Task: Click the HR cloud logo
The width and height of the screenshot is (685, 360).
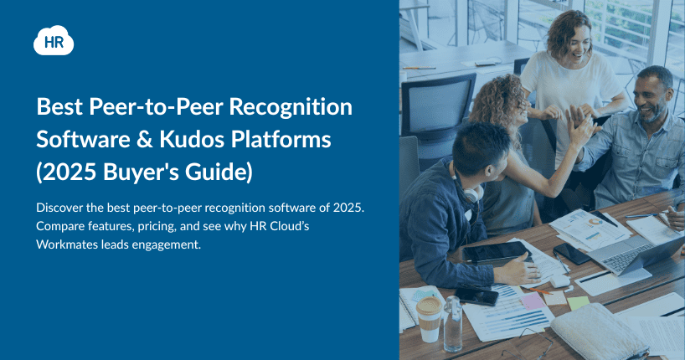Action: click(x=54, y=41)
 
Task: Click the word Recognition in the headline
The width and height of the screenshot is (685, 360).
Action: click(x=291, y=107)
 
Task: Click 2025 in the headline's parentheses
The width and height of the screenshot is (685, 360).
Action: click(x=70, y=172)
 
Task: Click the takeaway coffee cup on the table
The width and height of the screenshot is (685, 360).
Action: click(x=429, y=318)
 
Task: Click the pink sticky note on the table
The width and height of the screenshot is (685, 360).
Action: click(x=532, y=301)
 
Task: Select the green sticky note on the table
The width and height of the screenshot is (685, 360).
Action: click(x=579, y=303)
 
